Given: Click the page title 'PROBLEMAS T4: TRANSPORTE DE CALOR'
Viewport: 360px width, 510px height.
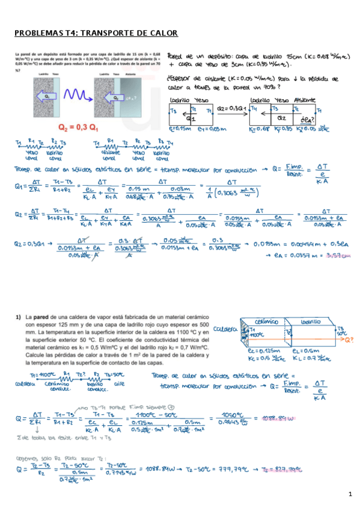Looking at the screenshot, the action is tap(95, 34).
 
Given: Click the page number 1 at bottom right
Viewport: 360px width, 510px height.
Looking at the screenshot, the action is tap(349, 494).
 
